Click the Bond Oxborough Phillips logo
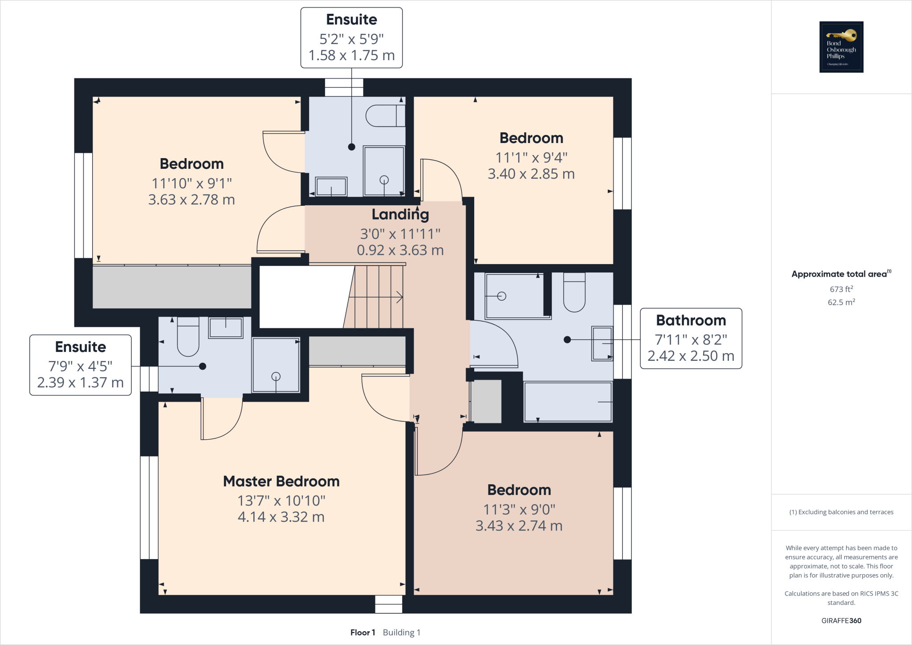841,47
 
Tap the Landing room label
400,215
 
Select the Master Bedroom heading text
281,482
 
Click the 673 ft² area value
841,289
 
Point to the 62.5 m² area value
841,302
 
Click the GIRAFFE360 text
841,621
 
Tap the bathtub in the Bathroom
568,402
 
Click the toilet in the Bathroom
574,293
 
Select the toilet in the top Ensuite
385,116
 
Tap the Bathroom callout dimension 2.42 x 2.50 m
691,356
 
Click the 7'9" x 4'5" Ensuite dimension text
80,366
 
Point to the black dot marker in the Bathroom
567,339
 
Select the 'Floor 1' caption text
362,633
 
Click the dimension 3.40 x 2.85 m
531,174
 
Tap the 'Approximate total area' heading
839,274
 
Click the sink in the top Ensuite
331,187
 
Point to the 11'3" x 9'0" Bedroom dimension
519,509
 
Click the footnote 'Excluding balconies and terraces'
841,512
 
